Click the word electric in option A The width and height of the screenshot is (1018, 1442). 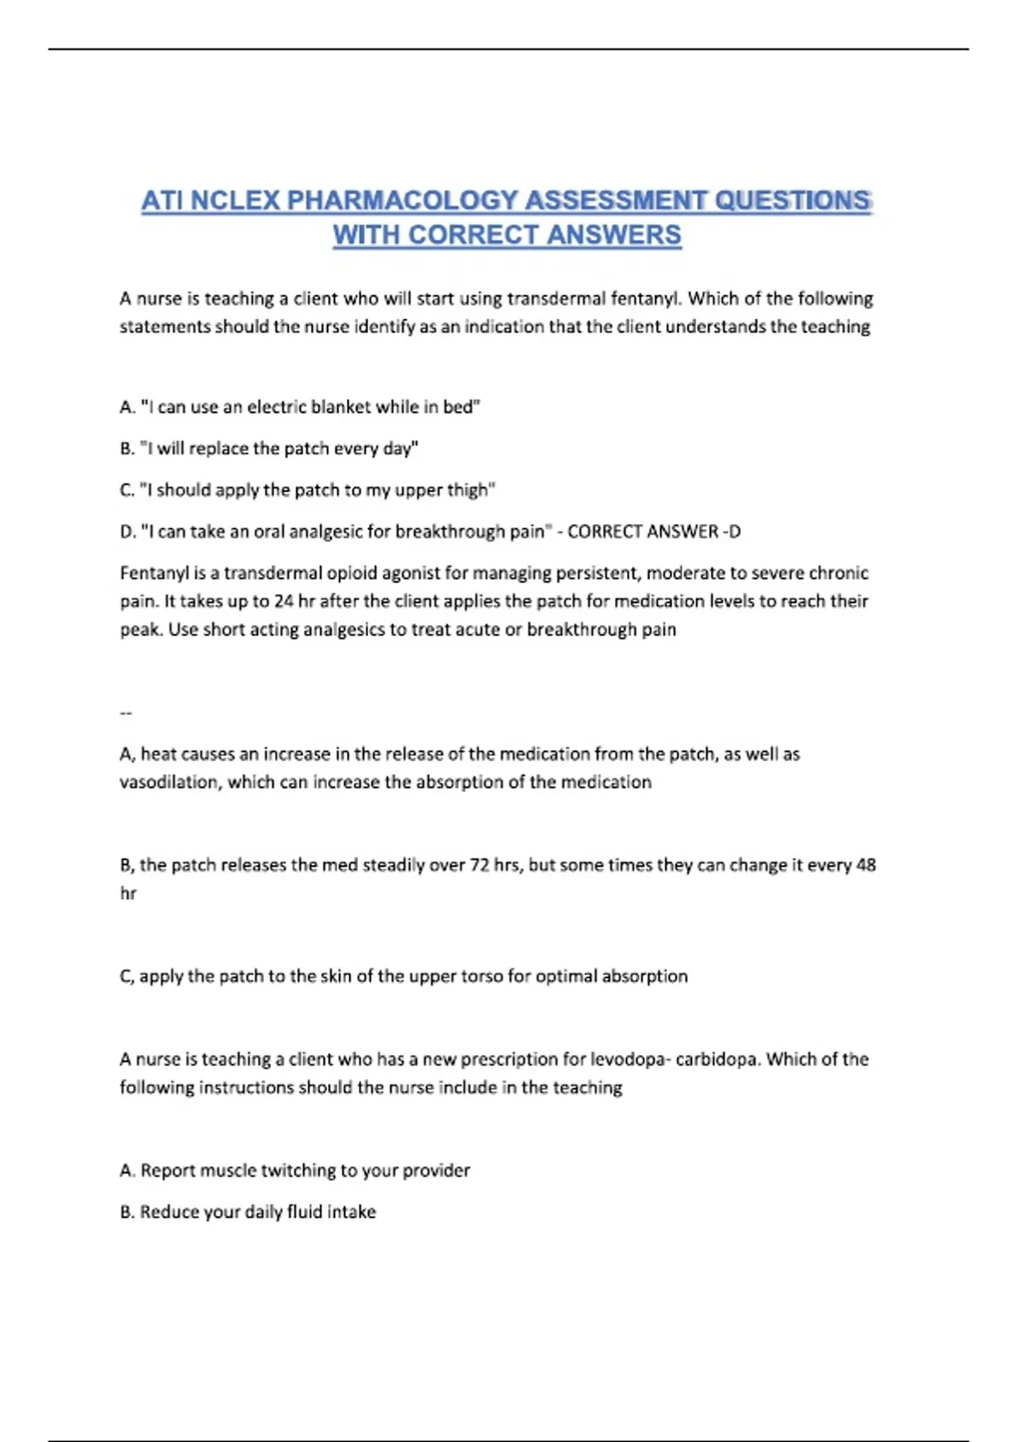[277, 407]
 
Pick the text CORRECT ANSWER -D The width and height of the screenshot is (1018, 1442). [653, 532]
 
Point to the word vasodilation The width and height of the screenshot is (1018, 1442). [170, 782]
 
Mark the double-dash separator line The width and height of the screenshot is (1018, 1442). [126, 713]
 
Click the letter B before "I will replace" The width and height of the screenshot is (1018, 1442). [126, 449]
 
